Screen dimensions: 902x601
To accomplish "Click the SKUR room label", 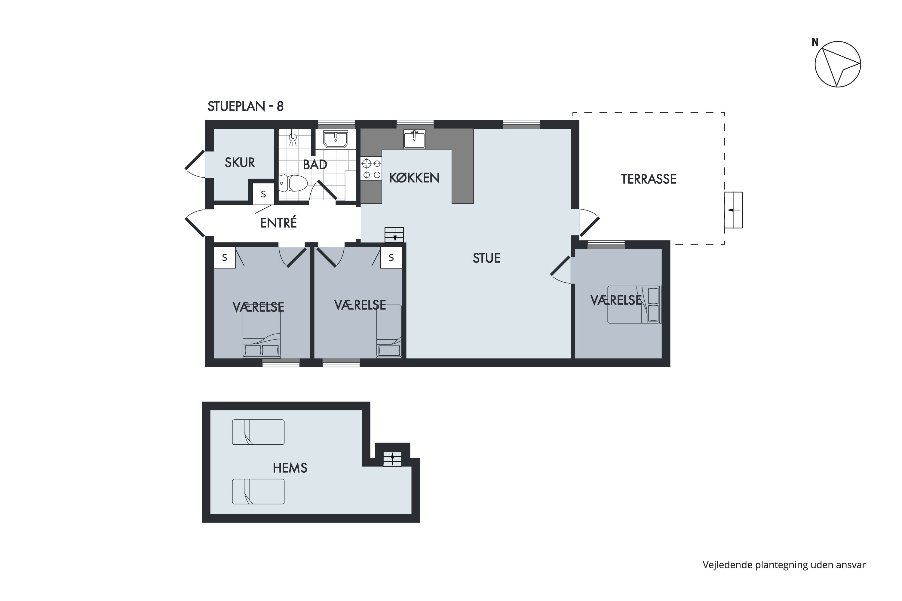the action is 240,163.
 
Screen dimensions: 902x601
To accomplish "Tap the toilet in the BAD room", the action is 293,183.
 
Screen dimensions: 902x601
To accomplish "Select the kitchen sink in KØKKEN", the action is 414,139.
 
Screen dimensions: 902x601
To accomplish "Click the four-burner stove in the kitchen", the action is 371,169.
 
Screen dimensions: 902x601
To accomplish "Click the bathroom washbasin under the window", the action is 336,139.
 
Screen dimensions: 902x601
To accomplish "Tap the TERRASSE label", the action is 649,179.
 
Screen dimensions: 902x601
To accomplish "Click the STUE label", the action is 486,258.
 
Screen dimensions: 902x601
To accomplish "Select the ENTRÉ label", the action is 278,223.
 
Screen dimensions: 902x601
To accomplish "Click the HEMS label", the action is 290,468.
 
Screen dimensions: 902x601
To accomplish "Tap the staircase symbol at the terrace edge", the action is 733,210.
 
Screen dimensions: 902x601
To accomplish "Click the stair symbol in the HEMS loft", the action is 393,459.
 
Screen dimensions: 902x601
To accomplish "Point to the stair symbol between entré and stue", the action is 394,235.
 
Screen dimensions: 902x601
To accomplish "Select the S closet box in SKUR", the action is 263,194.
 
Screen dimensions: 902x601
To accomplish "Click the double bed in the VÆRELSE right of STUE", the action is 634,304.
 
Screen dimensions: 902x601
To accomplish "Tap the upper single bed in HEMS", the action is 258,432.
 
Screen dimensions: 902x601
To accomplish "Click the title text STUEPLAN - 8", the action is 245,106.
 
